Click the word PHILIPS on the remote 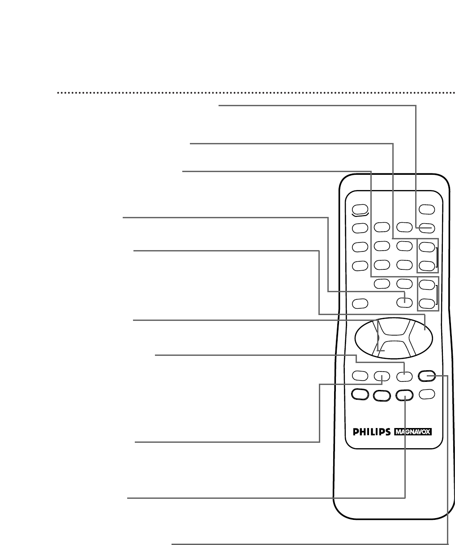pos(371,432)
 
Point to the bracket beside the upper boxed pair pos(437,256)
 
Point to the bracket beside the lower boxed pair pos(437,294)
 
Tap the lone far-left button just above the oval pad pos(360,303)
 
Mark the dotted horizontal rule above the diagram pos(255,94)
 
